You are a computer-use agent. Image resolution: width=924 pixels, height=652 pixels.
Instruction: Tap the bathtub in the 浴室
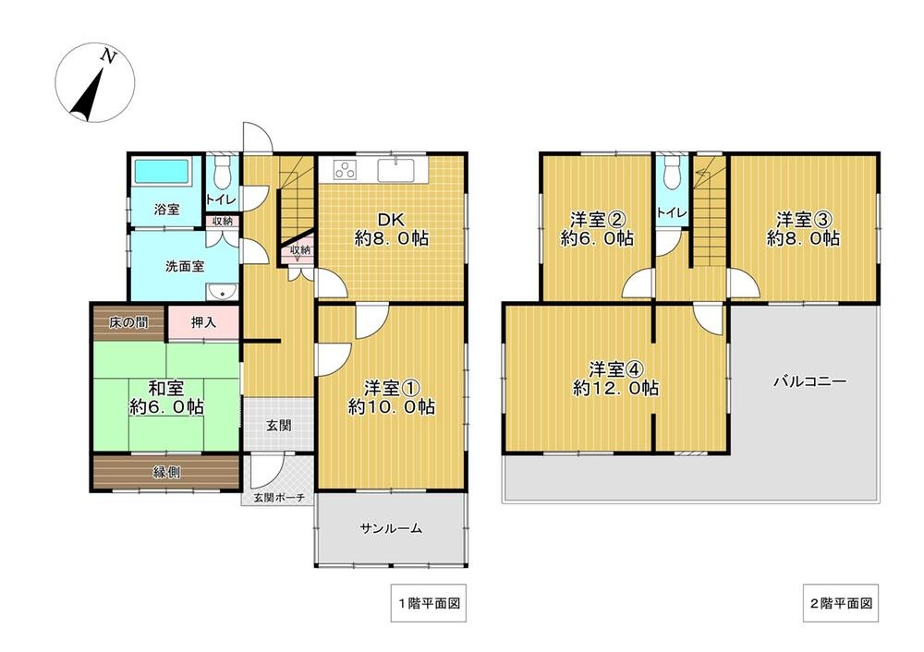click(161, 172)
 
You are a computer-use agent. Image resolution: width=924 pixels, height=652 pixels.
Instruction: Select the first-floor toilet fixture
click(220, 174)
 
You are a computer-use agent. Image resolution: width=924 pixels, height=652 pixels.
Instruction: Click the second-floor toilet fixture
click(672, 173)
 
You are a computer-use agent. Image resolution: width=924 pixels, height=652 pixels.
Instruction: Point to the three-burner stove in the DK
click(346, 170)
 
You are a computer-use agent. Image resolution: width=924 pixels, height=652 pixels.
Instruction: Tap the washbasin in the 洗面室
click(221, 293)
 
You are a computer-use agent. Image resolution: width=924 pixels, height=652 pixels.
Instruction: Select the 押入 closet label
click(204, 322)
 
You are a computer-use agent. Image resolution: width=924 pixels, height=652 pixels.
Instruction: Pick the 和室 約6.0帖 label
click(167, 396)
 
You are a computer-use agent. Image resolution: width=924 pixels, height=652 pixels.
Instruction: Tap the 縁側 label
click(166, 471)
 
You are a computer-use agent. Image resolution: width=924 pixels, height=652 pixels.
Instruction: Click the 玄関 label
click(279, 426)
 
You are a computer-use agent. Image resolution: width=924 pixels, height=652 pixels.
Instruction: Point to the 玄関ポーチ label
click(279, 498)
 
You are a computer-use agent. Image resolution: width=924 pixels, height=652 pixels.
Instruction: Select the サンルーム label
click(391, 528)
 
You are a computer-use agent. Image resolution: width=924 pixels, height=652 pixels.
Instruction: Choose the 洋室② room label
click(596, 228)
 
